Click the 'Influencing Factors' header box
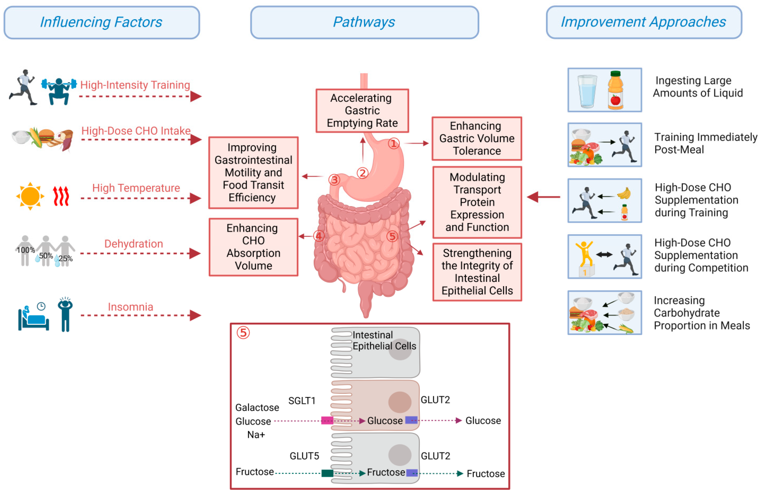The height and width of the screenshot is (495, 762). coord(101,22)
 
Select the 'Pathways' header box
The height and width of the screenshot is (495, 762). coord(364,22)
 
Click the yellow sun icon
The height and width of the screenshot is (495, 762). coord(30,196)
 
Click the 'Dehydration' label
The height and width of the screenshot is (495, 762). coord(134,244)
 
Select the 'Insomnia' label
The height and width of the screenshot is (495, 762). coord(130,307)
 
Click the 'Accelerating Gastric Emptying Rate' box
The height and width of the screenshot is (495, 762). coord(362,110)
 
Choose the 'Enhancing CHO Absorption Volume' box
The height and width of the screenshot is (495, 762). coord(253,247)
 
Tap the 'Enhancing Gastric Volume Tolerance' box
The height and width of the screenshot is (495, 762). coord(476,138)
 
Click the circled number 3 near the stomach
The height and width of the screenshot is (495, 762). coord(334,180)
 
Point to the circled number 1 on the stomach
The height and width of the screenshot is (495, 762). coord(394,143)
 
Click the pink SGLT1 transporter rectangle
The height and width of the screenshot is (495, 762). coord(327,420)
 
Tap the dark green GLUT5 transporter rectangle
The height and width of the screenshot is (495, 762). coord(327,473)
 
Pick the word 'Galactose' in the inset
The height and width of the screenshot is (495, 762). coord(257,407)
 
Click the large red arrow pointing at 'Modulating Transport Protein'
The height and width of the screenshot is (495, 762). coord(543,197)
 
